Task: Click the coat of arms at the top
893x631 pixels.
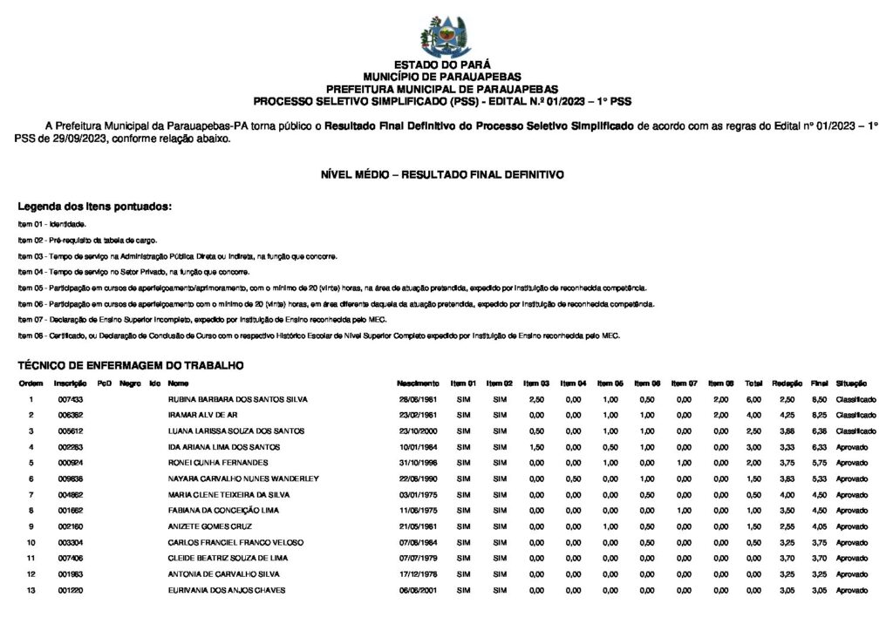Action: pos(446,36)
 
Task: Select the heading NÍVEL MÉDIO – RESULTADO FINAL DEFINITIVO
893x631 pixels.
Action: pos(442,175)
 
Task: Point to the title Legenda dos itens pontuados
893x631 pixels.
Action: pos(95,207)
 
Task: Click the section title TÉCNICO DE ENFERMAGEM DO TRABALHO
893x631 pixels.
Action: pos(130,365)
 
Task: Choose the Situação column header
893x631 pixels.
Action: pos(850,383)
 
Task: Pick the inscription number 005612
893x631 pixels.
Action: pos(70,431)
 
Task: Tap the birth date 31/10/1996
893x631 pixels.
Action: pos(417,463)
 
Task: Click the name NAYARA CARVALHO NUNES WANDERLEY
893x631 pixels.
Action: pos(243,478)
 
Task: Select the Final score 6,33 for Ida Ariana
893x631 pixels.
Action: pos(819,447)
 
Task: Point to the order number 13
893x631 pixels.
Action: pos(31,590)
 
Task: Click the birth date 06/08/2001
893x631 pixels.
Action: pos(417,590)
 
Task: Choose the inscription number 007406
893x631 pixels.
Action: pos(70,558)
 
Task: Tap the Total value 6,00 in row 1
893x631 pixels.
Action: pos(753,399)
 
